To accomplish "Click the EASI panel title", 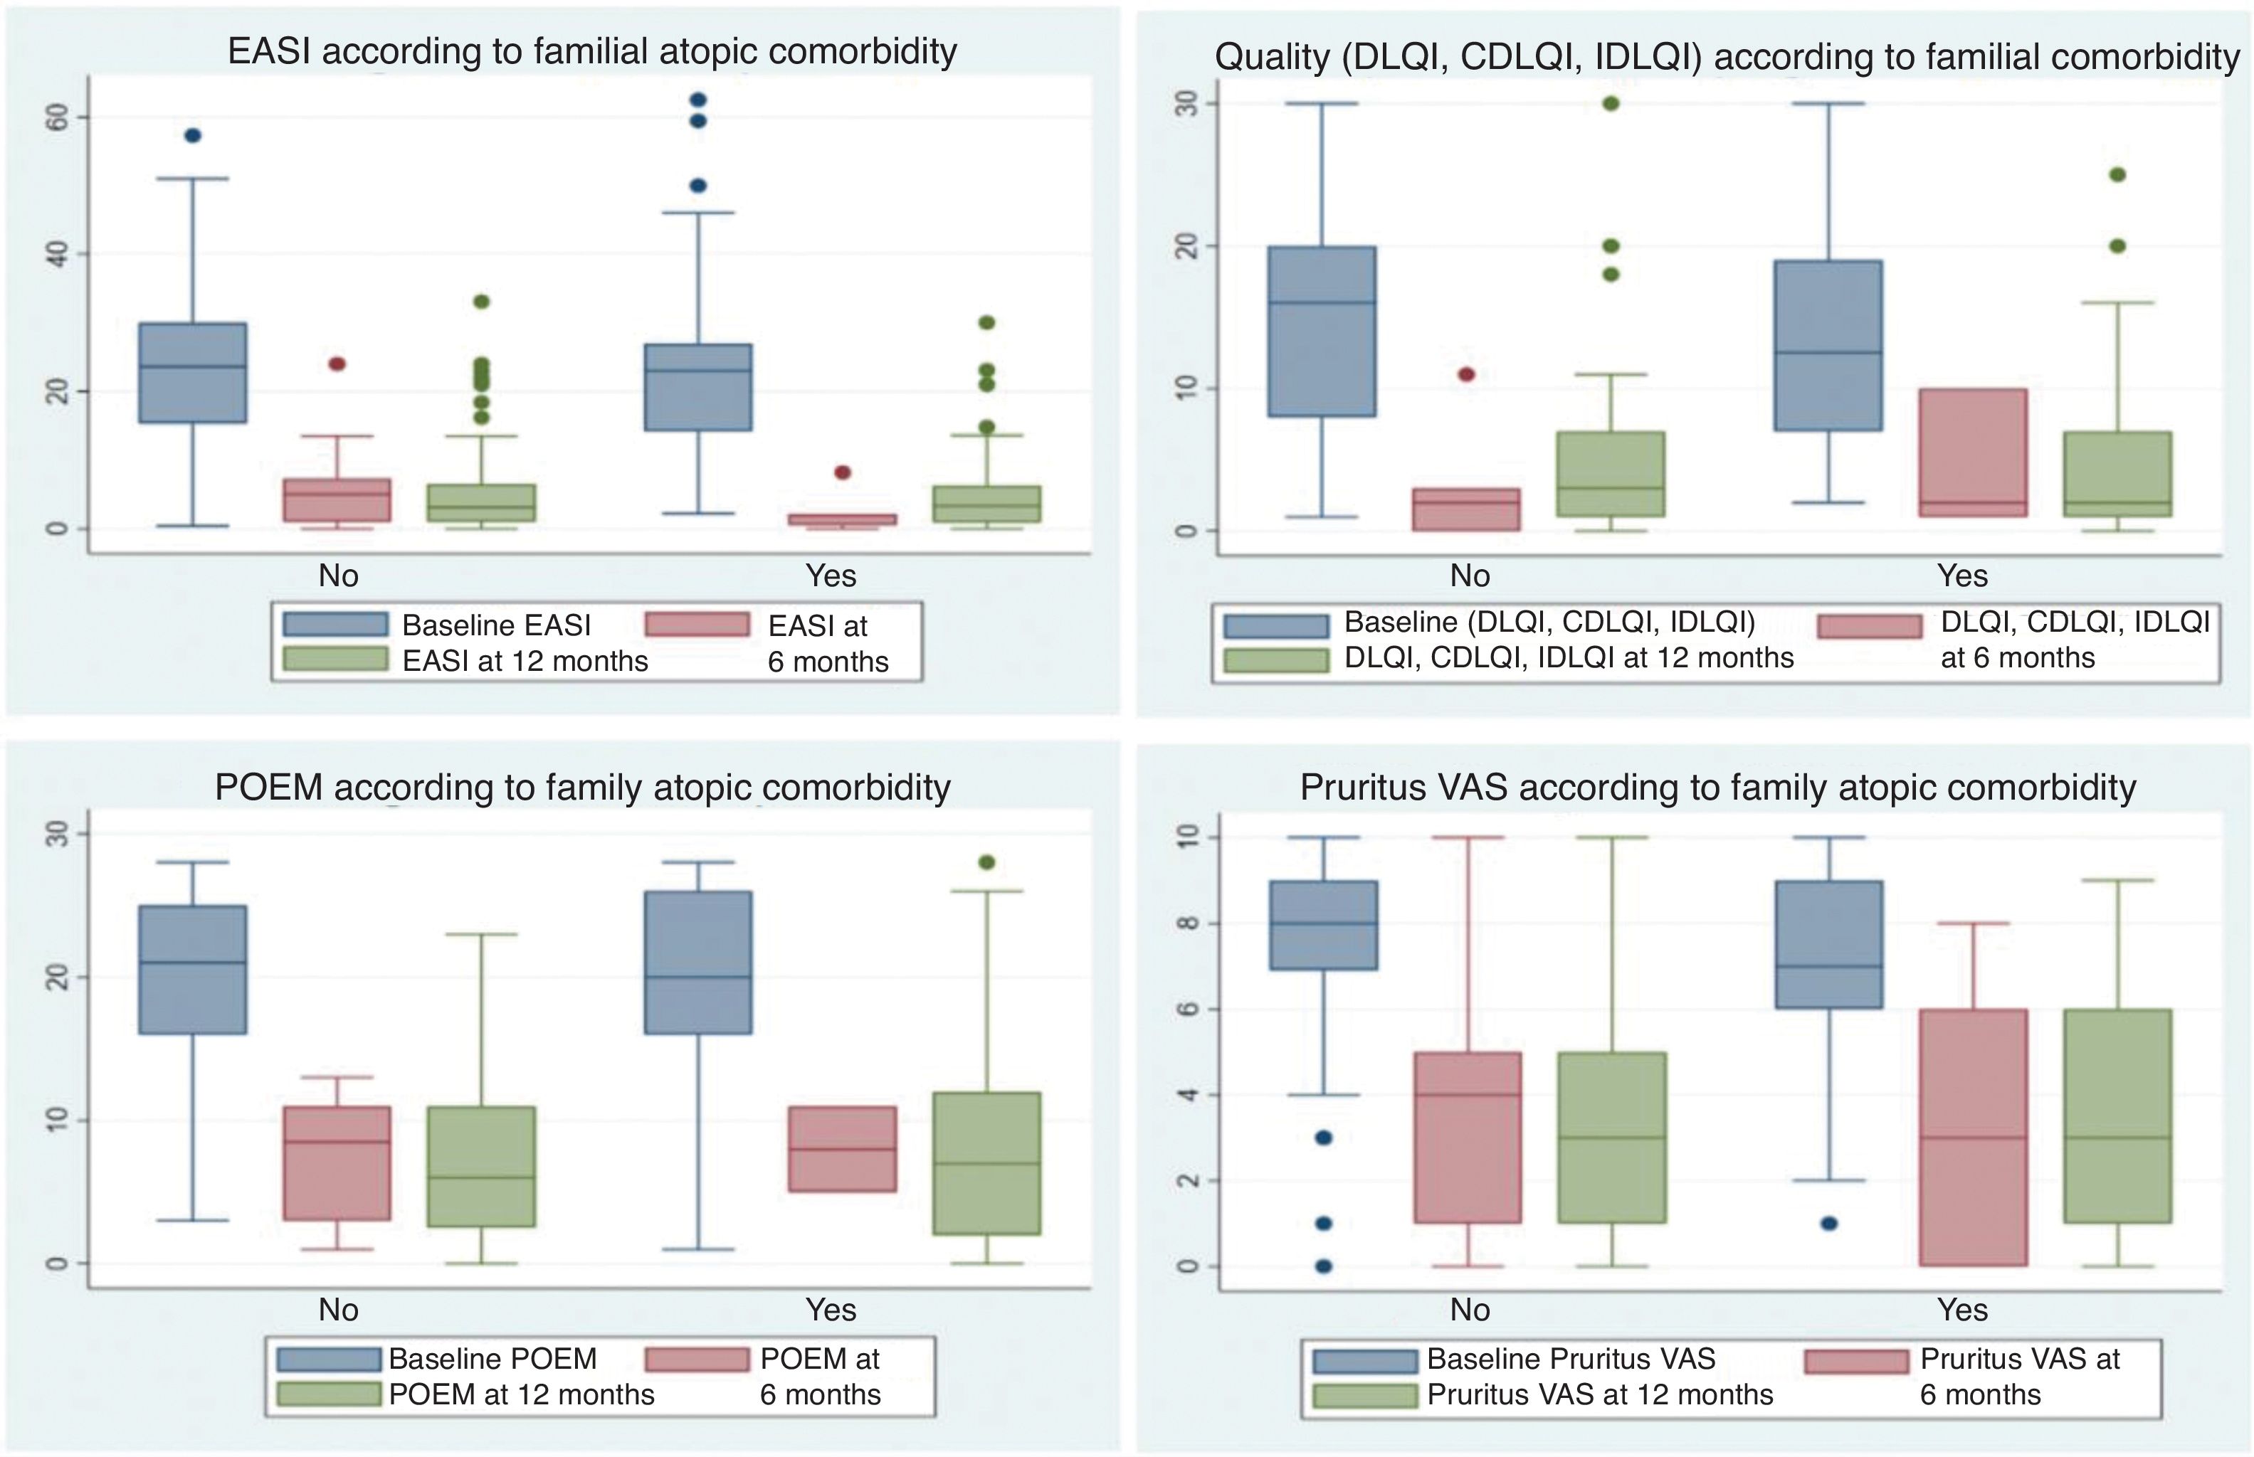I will click(591, 51).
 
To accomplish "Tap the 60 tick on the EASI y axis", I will click(57, 117).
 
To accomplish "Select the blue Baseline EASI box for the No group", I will click(193, 373).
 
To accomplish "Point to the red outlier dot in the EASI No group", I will click(337, 364).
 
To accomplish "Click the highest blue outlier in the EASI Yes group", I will click(698, 100).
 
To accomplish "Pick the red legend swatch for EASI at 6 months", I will click(697, 625).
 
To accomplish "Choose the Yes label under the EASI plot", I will click(830, 576).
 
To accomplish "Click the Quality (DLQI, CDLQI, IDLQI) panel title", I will click(1726, 57).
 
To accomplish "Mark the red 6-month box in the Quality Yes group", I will click(1973, 452).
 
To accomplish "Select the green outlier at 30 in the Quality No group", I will click(1611, 104).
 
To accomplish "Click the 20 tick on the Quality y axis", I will click(1186, 247).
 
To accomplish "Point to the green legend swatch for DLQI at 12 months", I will click(1275, 659).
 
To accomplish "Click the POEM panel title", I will click(582, 787).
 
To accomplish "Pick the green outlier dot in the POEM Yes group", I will click(987, 862).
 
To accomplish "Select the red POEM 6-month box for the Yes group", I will click(842, 1148).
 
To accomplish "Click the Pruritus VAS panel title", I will click(1717, 787).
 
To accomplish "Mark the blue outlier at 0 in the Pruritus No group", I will click(1324, 1266).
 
